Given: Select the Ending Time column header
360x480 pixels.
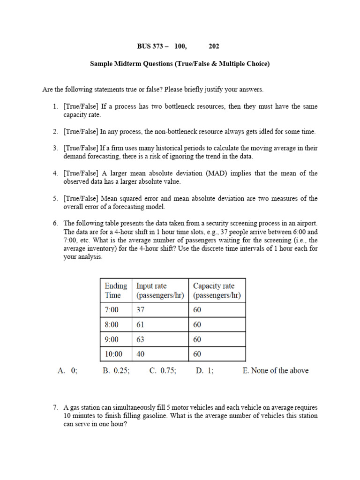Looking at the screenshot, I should tap(116, 291).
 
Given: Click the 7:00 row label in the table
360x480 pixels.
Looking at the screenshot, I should tap(112, 310).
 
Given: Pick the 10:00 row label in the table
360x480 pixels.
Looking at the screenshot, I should tap(114, 354).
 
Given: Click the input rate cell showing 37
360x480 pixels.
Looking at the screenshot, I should tap(141, 310).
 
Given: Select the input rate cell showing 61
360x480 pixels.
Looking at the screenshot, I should tap(141, 325).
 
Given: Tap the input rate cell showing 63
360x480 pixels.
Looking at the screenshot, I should tap(141, 339).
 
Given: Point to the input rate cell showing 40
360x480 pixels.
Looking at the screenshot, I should tap(141, 354).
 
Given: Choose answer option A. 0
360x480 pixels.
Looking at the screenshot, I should tap(67, 371).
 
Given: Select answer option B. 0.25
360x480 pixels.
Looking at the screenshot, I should tap(116, 371).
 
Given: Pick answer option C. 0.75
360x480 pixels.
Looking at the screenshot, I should tap(163, 371).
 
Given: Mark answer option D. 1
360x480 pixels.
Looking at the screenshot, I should tap(205, 371).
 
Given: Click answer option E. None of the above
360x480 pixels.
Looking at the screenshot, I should tap(276, 371).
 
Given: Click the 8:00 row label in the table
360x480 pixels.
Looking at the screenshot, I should tap(112, 325).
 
